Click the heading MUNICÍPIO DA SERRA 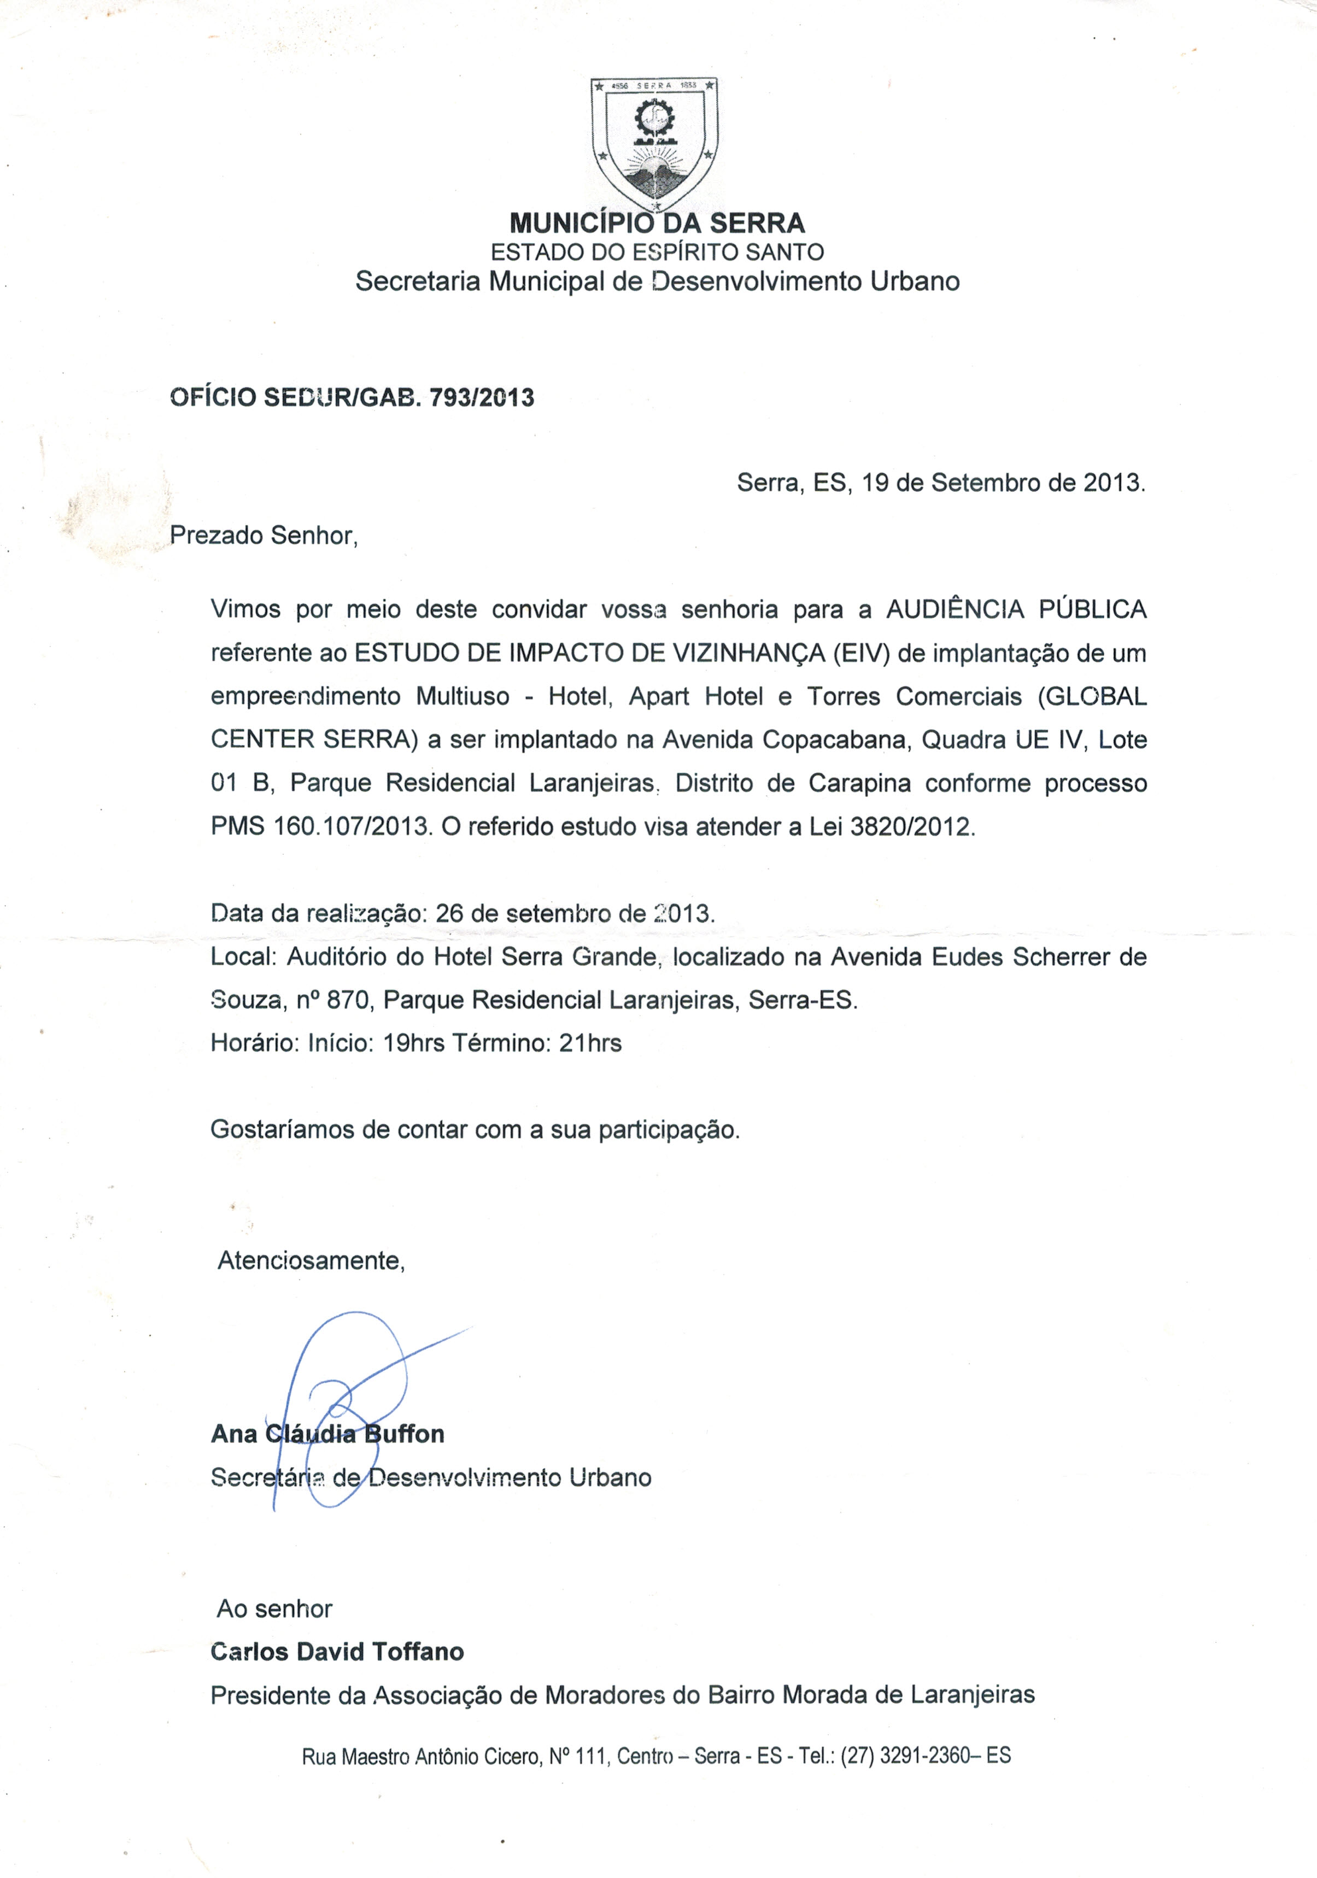(x=657, y=222)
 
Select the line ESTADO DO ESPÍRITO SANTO (x=657, y=252)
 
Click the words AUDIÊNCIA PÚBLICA (x=1016, y=609)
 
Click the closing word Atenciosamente (x=311, y=1260)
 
